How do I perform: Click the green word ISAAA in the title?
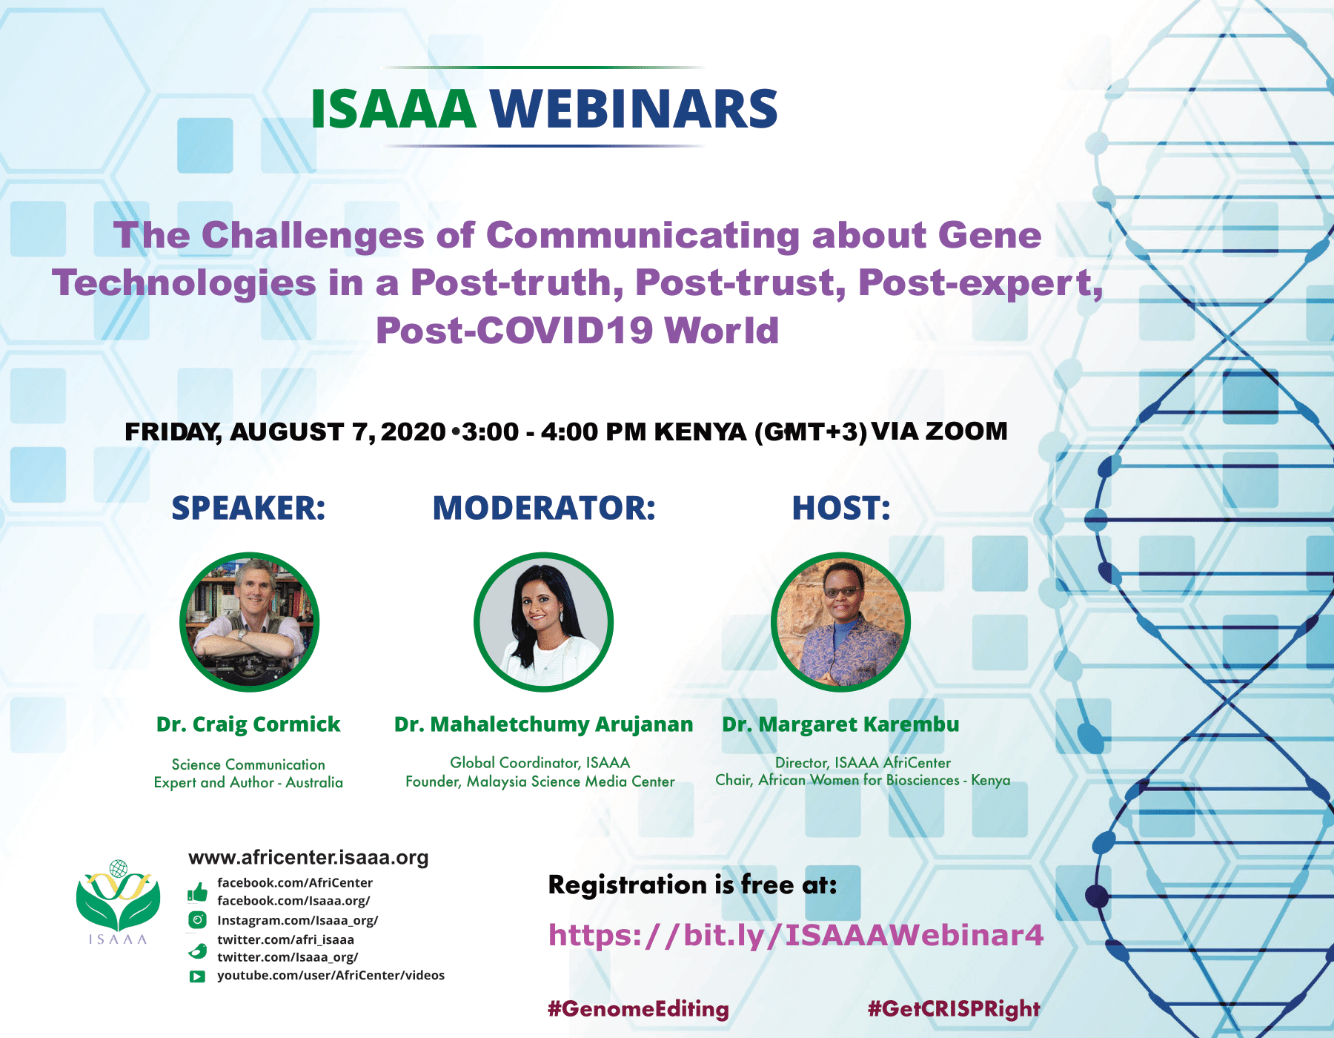pyautogui.click(x=393, y=109)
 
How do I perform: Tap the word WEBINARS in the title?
pyautogui.click(x=634, y=109)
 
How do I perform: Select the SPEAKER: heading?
pyautogui.click(x=248, y=508)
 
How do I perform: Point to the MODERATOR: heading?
pyautogui.click(x=544, y=508)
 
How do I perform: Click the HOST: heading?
pyautogui.click(x=841, y=508)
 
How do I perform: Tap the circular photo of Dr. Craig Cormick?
pyautogui.click(x=250, y=621)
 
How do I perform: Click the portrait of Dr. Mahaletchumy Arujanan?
pyautogui.click(x=544, y=621)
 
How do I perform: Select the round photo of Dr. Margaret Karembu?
pyautogui.click(x=840, y=621)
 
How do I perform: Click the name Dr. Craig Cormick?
pyautogui.click(x=248, y=724)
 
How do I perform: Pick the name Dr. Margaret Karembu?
pyautogui.click(x=840, y=724)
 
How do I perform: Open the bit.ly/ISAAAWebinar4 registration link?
pyautogui.click(x=795, y=936)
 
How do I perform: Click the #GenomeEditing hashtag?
pyautogui.click(x=638, y=1009)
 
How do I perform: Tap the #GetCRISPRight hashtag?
pyautogui.click(x=954, y=1009)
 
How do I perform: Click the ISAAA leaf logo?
pyautogui.click(x=119, y=902)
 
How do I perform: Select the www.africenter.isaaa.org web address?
pyautogui.click(x=308, y=858)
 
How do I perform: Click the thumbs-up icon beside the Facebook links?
pyautogui.click(x=197, y=892)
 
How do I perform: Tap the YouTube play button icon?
pyautogui.click(x=197, y=976)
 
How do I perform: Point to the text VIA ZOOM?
pyautogui.click(x=940, y=431)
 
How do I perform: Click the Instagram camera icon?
pyautogui.click(x=197, y=921)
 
